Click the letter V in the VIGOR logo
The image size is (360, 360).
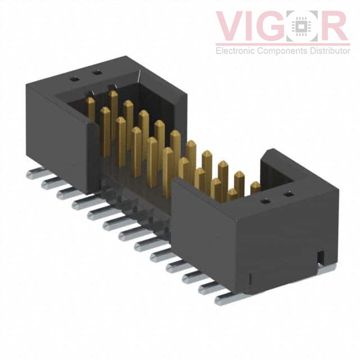(x=231, y=26)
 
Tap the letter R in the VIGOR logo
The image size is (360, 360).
(x=334, y=26)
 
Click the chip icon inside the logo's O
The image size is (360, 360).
(x=301, y=26)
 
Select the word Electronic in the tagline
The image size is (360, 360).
(x=235, y=51)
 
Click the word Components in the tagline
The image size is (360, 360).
(x=282, y=51)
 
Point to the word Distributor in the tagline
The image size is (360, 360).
(x=330, y=51)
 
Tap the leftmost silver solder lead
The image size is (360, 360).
(x=36, y=173)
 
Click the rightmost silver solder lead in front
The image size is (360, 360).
(x=227, y=299)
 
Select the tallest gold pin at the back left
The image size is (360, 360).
(x=113, y=115)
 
